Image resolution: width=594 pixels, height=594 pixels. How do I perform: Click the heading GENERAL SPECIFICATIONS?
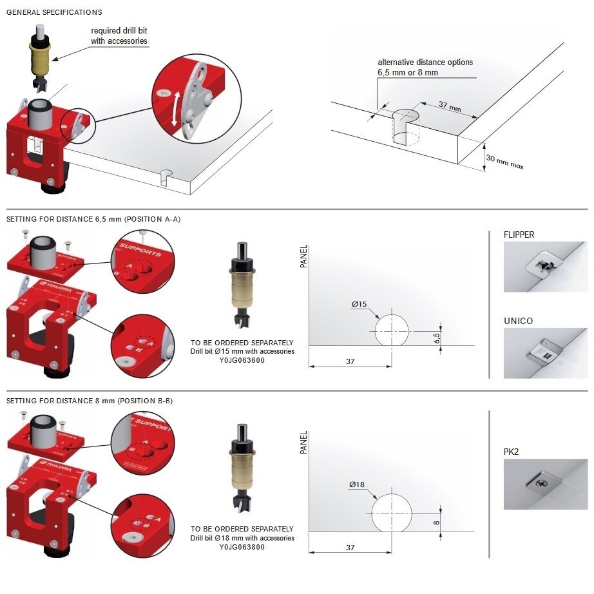pyautogui.click(x=54, y=12)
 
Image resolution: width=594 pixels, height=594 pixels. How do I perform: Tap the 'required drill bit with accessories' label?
pyautogui.click(x=119, y=35)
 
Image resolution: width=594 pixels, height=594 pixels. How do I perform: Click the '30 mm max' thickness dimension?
pyautogui.click(x=504, y=162)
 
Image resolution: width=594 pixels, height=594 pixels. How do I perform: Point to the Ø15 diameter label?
pyautogui.click(x=359, y=304)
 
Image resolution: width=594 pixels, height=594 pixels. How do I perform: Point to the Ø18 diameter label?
pyautogui.click(x=357, y=484)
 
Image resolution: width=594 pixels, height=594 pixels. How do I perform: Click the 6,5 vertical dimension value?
pyautogui.click(x=437, y=338)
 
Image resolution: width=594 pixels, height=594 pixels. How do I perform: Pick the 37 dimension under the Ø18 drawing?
pyautogui.click(x=350, y=548)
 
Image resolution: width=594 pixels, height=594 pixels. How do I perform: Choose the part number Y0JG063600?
pyautogui.click(x=242, y=360)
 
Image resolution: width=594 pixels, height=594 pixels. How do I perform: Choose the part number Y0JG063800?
pyautogui.click(x=242, y=547)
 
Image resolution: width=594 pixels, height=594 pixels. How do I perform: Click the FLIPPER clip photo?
pyautogui.click(x=546, y=267)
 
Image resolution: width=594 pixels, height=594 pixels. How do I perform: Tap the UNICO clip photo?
pyautogui.click(x=546, y=353)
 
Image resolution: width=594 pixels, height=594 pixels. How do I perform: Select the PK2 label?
pyautogui.click(x=511, y=452)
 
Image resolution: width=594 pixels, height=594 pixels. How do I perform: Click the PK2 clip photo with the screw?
pyautogui.click(x=546, y=484)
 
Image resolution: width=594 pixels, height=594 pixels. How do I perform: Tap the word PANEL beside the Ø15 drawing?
pyautogui.click(x=303, y=256)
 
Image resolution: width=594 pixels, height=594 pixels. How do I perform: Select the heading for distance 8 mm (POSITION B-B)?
pyautogui.click(x=90, y=401)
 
